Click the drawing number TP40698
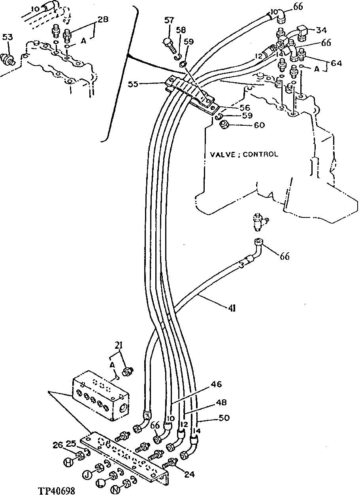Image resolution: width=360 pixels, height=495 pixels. (57, 490)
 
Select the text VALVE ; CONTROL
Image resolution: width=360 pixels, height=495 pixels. (244, 154)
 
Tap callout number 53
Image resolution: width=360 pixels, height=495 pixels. (8, 37)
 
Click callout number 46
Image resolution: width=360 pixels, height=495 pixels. (216, 384)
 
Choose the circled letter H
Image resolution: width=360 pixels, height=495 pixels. (68, 461)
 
